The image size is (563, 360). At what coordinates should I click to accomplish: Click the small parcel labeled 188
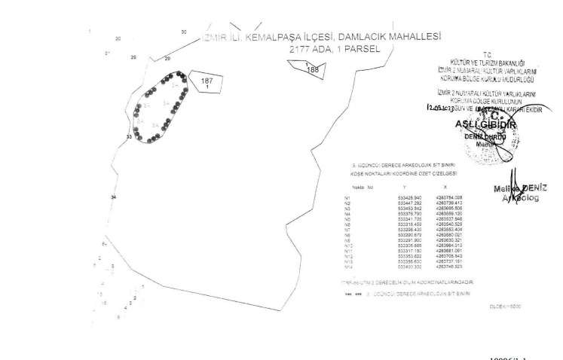(x=311, y=69)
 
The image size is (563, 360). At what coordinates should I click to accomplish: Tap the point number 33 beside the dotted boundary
(x=129, y=137)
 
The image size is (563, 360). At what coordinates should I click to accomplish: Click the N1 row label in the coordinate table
(x=347, y=197)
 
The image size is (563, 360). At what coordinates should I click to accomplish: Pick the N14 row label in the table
(x=348, y=267)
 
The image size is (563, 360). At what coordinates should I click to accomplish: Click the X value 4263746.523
(x=448, y=267)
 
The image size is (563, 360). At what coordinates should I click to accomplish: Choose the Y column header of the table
(x=405, y=186)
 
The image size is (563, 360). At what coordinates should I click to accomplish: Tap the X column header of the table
(x=445, y=186)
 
